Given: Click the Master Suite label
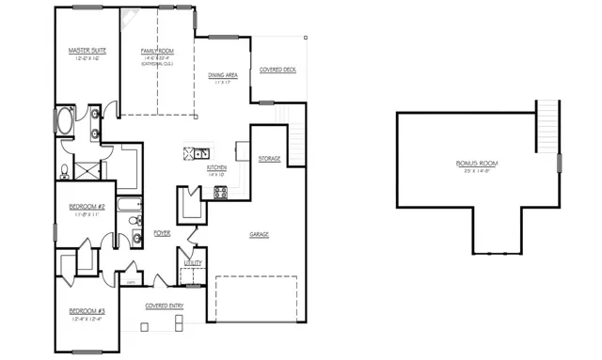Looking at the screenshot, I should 86,50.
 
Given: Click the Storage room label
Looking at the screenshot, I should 269,159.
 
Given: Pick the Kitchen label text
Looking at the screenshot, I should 216,167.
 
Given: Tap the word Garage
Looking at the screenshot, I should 261,234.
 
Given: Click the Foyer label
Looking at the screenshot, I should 162,232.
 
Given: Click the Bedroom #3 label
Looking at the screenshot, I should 87,311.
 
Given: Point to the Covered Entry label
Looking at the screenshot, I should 163,305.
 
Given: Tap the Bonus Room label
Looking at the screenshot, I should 477,163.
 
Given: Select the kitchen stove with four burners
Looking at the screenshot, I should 221,193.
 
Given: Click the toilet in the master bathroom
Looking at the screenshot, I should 64,172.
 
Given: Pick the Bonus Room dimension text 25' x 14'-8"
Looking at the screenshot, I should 477,172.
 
